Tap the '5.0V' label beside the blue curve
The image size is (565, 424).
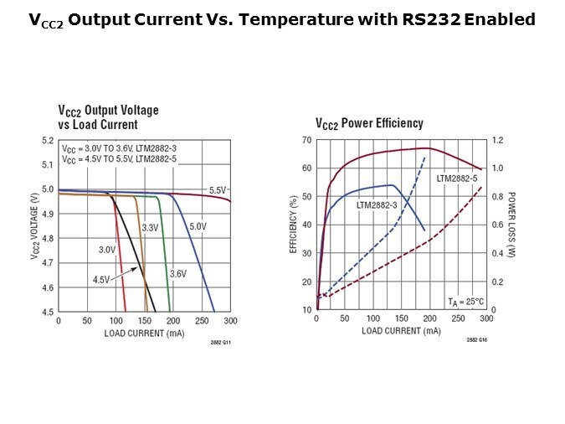(198, 226)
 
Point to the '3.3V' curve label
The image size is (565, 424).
(150, 228)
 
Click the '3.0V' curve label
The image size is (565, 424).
(107, 250)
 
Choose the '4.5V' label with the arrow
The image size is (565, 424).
(100, 280)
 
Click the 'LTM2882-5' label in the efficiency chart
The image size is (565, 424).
(456, 178)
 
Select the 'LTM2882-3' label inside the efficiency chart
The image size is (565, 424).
(377, 204)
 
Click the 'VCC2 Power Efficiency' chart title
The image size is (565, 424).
(369, 123)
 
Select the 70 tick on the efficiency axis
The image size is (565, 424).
(307, 141)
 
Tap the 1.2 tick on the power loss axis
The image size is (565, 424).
(499, 141)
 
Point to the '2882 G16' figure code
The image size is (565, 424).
(477, 339)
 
